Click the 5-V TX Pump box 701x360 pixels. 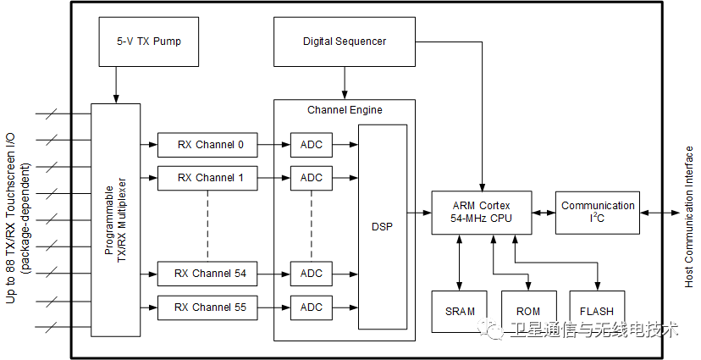148,42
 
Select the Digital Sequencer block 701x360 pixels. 345,42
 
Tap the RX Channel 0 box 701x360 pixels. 207,145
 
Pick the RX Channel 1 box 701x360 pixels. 207,178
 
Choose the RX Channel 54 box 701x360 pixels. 207,274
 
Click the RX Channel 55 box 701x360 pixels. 207,307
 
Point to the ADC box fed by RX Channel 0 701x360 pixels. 311,145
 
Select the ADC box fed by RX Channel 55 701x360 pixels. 311,307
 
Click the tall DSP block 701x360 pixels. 383,226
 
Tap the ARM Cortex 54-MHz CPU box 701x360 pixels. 482,213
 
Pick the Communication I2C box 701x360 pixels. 598,213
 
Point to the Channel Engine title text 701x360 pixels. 345,110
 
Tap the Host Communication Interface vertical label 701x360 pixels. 688,216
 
